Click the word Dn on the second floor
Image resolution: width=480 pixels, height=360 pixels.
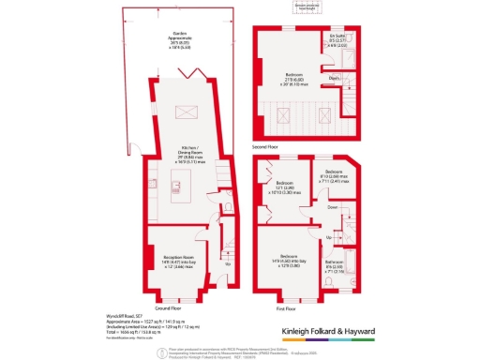[334, 79]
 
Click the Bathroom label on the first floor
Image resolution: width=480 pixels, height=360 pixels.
[336, 263]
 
